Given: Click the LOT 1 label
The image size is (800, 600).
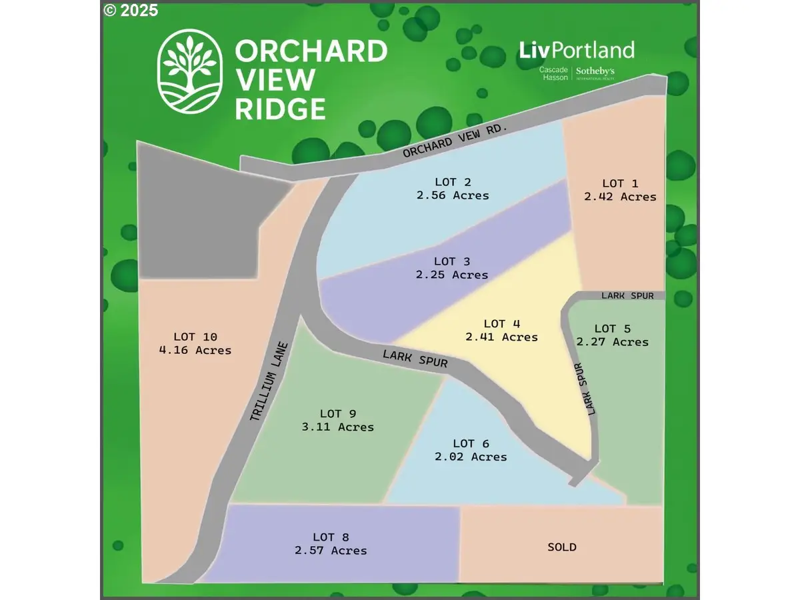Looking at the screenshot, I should click(x=613, y=183).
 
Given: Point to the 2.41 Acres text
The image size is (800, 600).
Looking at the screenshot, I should click(x=501, y=337).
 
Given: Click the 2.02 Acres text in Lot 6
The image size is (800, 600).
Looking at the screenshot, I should click(x=471, y=457).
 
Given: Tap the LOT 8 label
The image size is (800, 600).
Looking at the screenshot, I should click(x=331, y=537).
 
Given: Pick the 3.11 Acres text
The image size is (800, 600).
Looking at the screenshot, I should click(x=338, y=427).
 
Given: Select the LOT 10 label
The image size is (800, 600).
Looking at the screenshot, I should click(x=195, y=337).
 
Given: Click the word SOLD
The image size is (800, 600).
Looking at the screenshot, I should click(x=562, y=547).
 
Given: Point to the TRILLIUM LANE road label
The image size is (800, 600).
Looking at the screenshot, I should click(x=269, y=382).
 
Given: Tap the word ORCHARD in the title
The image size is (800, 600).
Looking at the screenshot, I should click(x=311, y=52).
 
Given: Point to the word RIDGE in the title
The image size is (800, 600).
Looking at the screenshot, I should click(x=280, y=108).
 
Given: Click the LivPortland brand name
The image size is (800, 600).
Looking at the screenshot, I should click(x=577, y=50).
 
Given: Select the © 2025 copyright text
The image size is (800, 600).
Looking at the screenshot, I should click(x=131, y=10).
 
